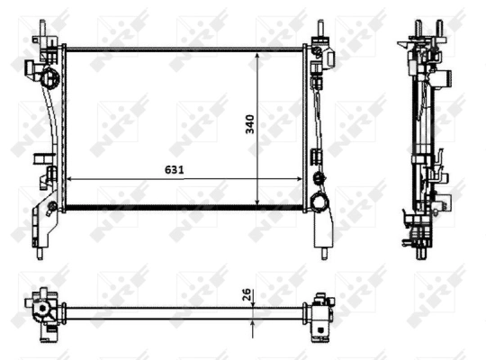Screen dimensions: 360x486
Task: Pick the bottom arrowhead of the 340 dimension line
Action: (259, 202)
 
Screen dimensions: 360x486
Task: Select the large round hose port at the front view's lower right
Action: (318, 201)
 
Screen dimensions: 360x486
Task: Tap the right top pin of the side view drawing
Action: (439, 26)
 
